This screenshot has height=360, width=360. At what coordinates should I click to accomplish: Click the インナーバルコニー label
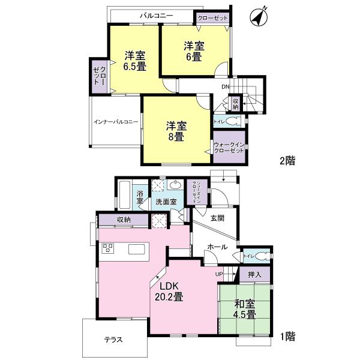click(116, 122)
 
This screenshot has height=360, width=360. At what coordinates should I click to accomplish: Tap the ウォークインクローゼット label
click(229, 147)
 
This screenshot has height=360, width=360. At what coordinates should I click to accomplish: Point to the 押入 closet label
click(254, 274)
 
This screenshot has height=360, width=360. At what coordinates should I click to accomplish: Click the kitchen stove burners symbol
click(109, 249)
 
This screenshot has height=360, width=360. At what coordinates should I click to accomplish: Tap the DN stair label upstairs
click(225, 87)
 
